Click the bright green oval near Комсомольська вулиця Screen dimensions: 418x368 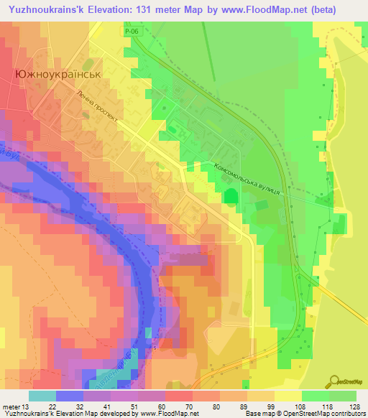tap(231, 196)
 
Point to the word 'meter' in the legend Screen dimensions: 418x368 tap(10, 406)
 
